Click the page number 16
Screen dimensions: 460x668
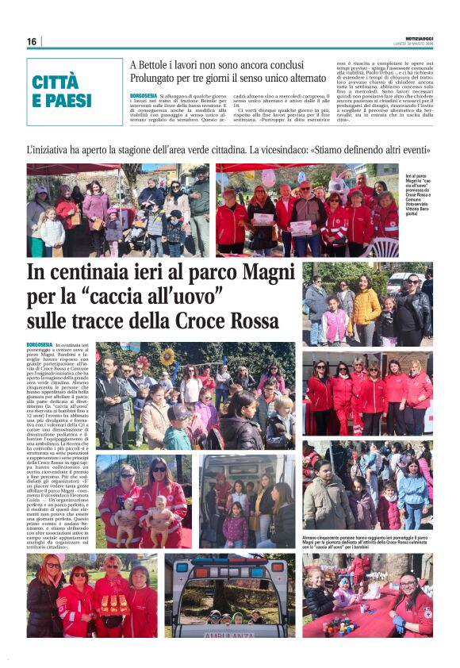[32, 41]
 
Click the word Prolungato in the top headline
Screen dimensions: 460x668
[159, 79]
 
